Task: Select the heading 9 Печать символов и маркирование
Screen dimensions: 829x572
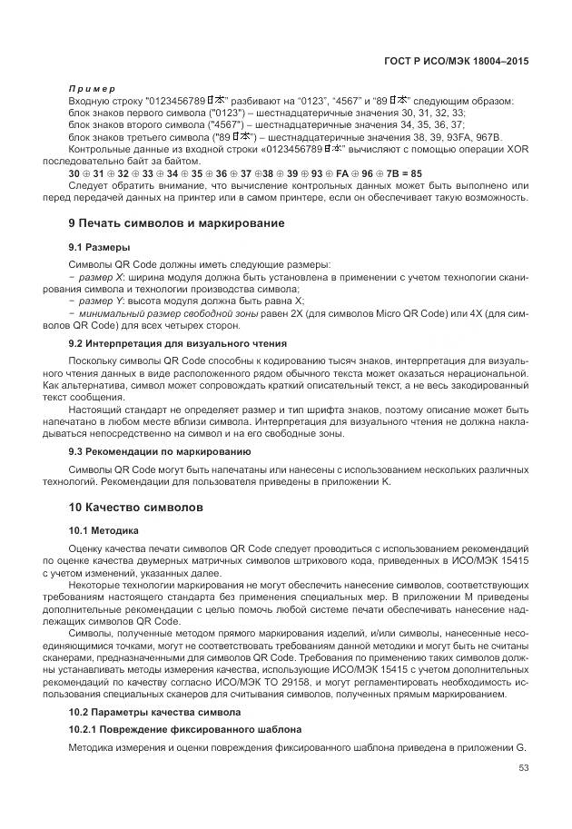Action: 176,222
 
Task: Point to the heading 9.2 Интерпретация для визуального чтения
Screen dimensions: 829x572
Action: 178,343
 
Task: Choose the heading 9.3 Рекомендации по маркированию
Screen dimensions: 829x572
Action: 160,451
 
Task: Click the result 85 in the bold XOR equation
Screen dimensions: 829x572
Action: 416,172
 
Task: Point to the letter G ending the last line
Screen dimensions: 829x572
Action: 520,746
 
